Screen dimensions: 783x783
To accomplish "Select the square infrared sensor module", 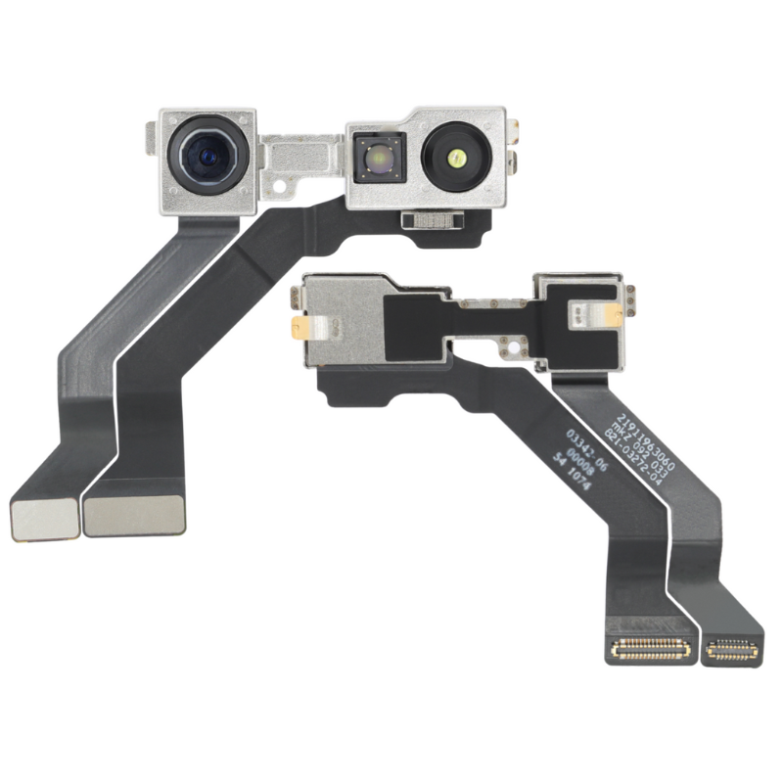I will pos(374,157).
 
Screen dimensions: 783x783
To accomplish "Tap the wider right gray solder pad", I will pos(134,515).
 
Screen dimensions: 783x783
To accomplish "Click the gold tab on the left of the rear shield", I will pos(299,326).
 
